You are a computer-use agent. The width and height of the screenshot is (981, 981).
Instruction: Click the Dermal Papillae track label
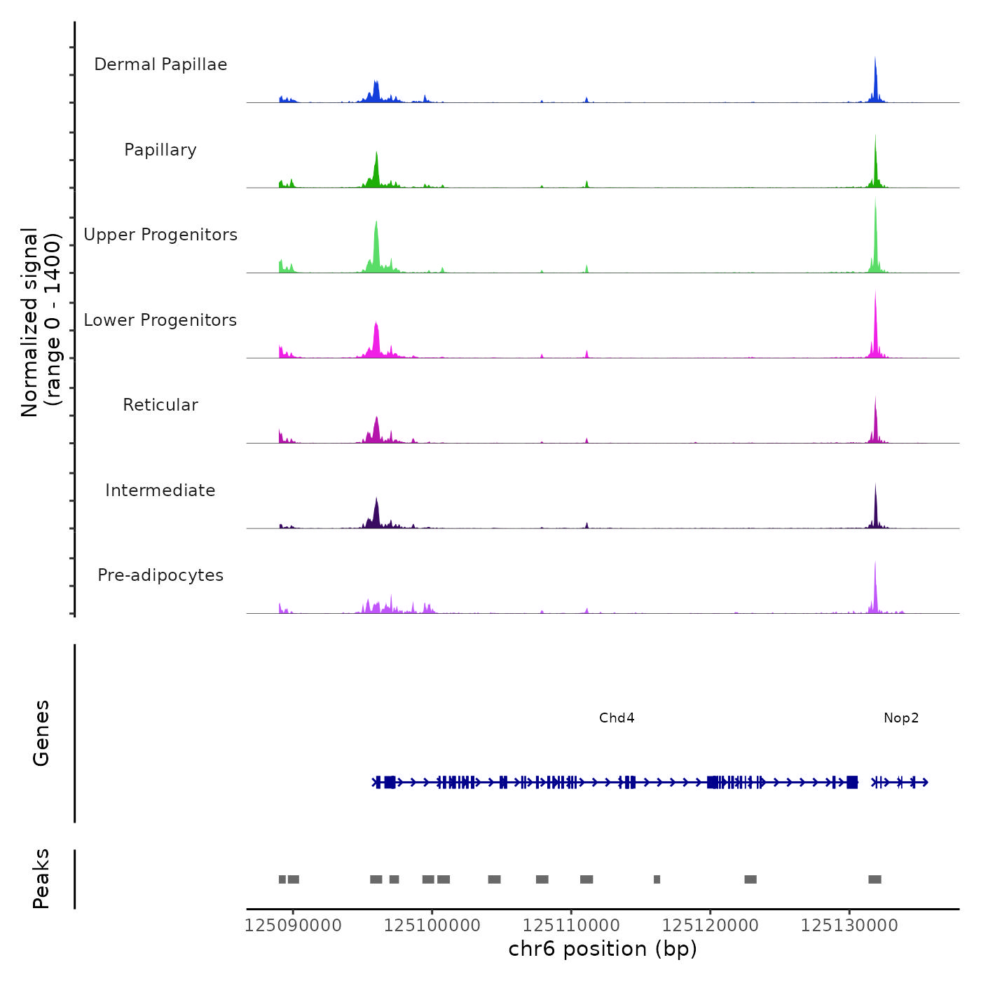pyautogui.click(x=160, y=64)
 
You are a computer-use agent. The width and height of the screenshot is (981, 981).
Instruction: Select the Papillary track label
pyautogui.click(x=160, y=150)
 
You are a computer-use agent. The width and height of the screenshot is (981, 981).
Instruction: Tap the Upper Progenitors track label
pyautogui.click(x=160, y=235)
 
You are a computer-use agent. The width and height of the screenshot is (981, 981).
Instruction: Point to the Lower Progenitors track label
pyautogui.click(x=160, y=320)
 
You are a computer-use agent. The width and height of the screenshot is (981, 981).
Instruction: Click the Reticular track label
pyautogui.click(x=160, y=405)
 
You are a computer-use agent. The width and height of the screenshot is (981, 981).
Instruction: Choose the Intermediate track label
pyautogui.click(x=160, y=490)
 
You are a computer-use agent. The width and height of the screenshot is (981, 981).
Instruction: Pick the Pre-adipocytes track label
pyautogui.click(x=160, y=575)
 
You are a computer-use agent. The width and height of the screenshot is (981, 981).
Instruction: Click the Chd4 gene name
pyautogui.click(x=617, y=718)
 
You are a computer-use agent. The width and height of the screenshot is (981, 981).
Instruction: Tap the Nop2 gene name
pyautogui.click(x=901, y=718)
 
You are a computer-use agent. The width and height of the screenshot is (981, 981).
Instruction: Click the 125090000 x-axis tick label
pyautogui.click(x=293, y=926)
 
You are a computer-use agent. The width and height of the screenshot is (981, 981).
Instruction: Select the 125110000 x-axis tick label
pyautogui.click(x=571, y=926)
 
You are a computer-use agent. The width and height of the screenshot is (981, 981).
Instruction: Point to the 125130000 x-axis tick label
pyautogui.click(x=849, y=926)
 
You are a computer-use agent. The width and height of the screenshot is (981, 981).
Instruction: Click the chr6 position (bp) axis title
pyautogui.click(x=603, y=949)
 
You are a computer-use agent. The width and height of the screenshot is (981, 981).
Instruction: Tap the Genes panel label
pyautogui.click(x=41, y=733)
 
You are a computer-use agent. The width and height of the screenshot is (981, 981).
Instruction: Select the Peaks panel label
pyautogui.click(x=41, y=879)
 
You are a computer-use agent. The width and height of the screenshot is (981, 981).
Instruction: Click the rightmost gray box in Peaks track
pyautogui.click(x=874, y=879)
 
